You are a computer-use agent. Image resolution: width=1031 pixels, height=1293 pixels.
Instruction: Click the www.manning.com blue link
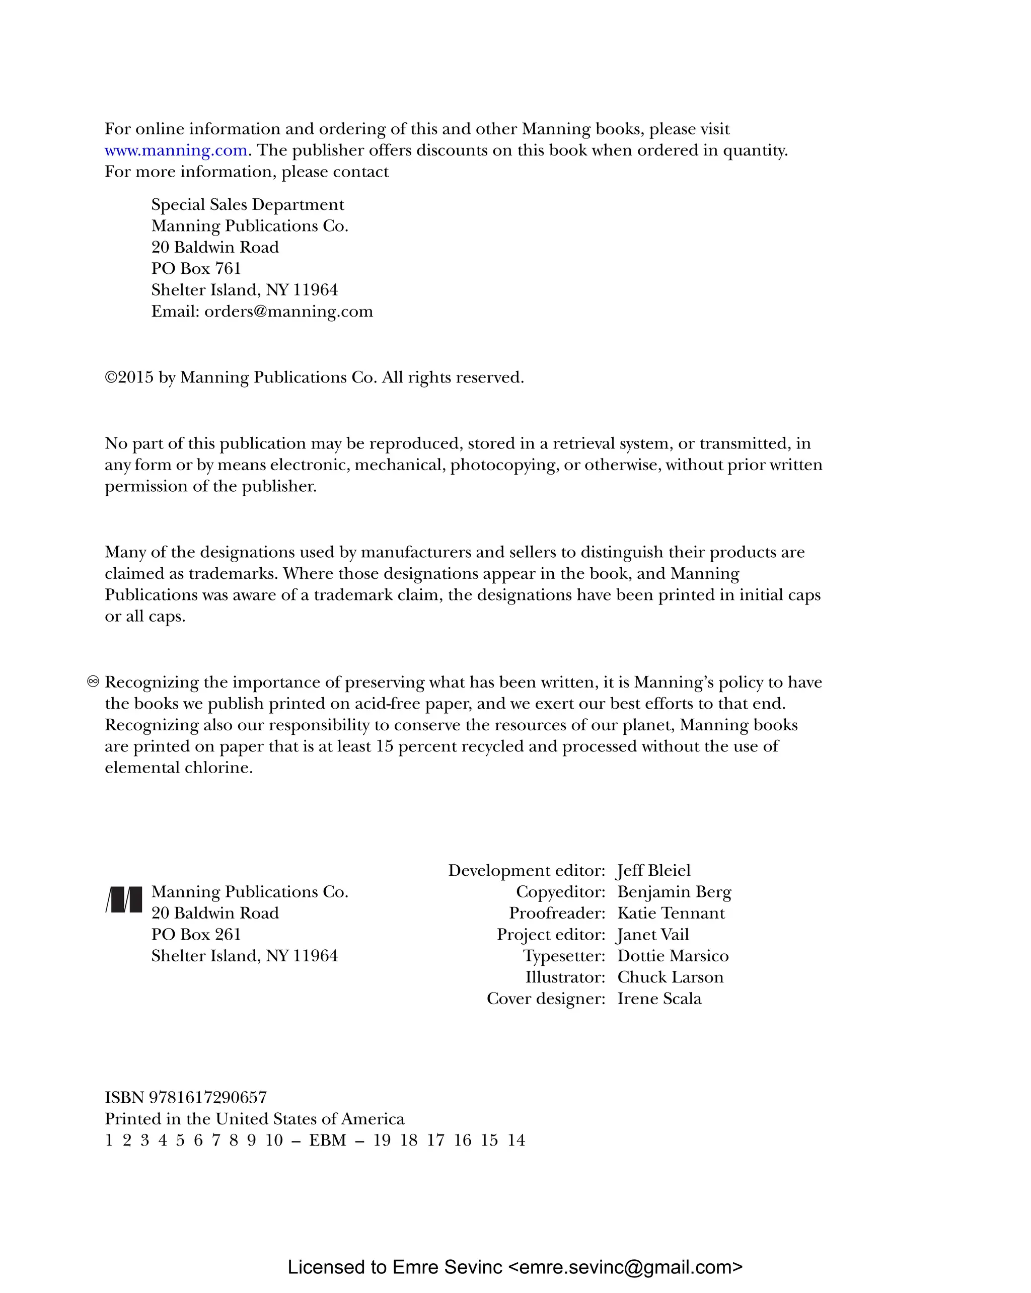[176, 150]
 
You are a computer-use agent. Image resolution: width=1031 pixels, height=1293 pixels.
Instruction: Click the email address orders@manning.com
[288, 311]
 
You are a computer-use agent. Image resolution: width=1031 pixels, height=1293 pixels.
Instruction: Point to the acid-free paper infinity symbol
[93, 682]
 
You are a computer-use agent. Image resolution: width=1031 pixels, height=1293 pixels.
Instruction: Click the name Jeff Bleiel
[654, 870]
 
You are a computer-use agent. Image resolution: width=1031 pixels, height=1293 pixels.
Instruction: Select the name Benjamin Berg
[674, 892]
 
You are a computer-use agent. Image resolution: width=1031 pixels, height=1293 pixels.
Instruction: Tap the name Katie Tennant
[671, 913]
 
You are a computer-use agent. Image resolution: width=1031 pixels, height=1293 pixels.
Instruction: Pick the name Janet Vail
[652, 934]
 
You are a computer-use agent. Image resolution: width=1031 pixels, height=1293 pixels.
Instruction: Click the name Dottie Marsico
[673, 956]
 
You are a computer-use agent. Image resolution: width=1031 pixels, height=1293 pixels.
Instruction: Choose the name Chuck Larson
[670, 977]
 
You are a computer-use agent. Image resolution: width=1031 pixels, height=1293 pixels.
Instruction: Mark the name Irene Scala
[659, 999]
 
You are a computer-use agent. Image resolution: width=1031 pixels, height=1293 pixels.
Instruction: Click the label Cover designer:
[546, 999]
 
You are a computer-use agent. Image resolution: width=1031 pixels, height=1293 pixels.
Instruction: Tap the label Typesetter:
[564, 956]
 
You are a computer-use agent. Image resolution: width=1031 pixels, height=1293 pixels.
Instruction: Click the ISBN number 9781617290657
[207, 1098]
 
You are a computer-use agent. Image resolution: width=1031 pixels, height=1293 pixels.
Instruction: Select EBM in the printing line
[327, 1140]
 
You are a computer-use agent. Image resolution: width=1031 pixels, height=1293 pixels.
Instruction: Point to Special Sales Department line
[247, 204]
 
